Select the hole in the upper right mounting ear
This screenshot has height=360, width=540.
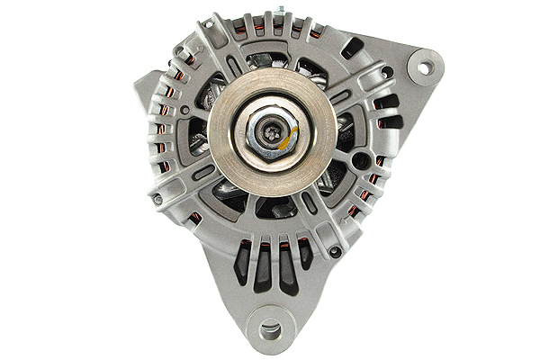pos(424,67)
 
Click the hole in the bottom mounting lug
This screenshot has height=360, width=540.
pos(269,330)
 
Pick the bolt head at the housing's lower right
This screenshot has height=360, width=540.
pos(335,252)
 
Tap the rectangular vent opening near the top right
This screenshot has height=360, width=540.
pos(353,47)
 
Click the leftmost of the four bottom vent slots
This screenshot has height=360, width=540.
pos(242,262)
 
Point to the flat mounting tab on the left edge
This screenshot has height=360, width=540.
pos(144,85)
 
